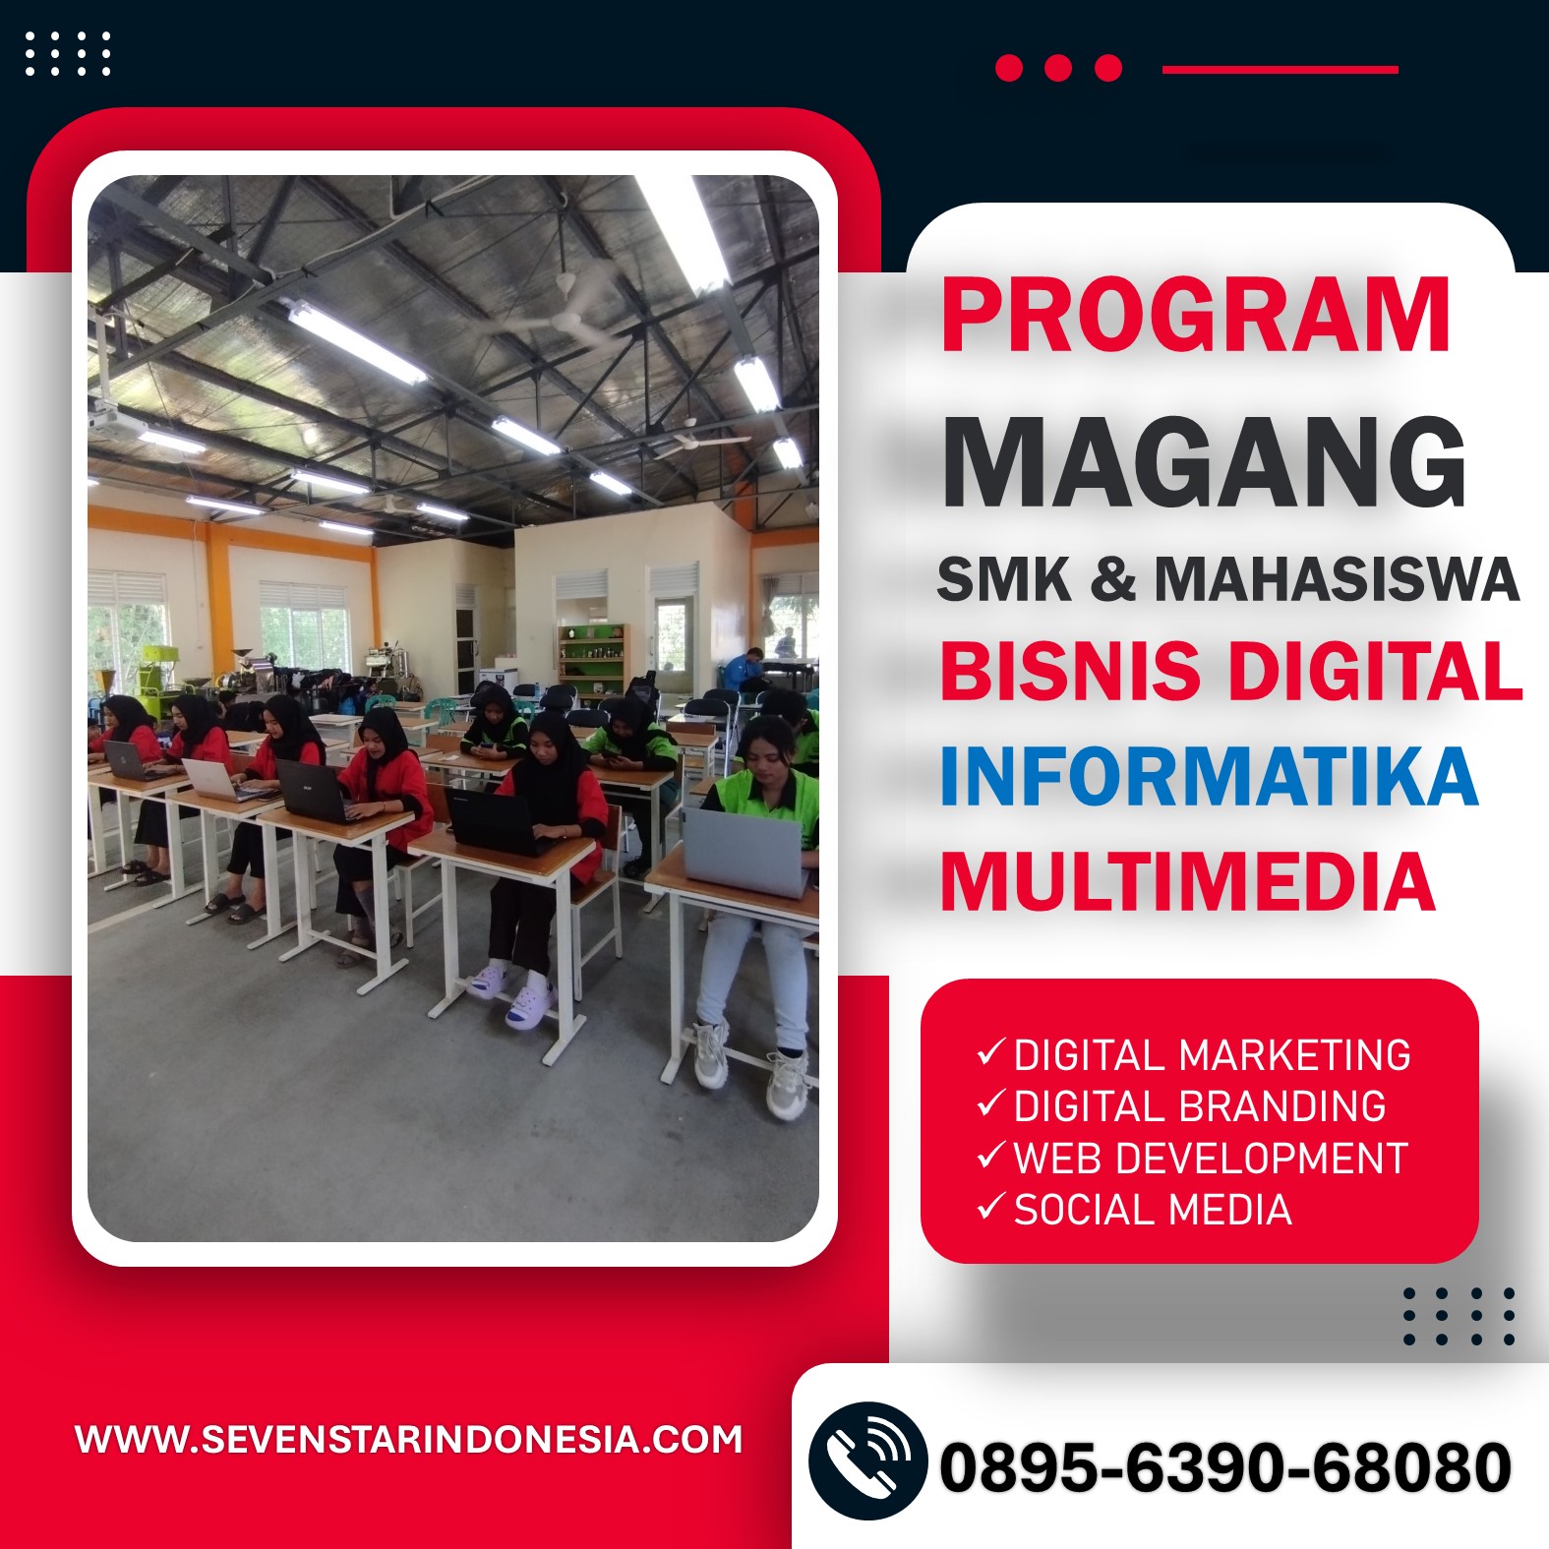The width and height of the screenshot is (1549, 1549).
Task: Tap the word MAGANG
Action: coord(1205,461)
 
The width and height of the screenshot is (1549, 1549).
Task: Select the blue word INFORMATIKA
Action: coord(1209,777)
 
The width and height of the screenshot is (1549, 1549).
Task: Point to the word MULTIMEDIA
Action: coord(1187,881)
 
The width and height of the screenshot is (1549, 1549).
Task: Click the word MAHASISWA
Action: coord(1337,578)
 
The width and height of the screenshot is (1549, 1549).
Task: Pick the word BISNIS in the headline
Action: coord(1070,671)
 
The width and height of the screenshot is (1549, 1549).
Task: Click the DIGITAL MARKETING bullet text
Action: coord(1212,1055)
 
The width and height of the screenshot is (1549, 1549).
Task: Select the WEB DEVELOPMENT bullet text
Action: coord(1211,1159)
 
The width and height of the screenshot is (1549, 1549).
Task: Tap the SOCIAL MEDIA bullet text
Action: coord(1152,1210)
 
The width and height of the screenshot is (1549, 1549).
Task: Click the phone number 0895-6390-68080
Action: coord(1225,1467)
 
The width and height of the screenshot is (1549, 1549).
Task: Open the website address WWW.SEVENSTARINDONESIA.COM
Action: coord(409,1440)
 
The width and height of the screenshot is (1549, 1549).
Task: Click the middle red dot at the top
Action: coord(1058,68)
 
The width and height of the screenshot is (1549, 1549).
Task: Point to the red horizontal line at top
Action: coord(1280,70)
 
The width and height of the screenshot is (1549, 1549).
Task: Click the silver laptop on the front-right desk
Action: coord(745,853)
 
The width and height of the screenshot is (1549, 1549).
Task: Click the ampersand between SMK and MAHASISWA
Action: coord(1112,578)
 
